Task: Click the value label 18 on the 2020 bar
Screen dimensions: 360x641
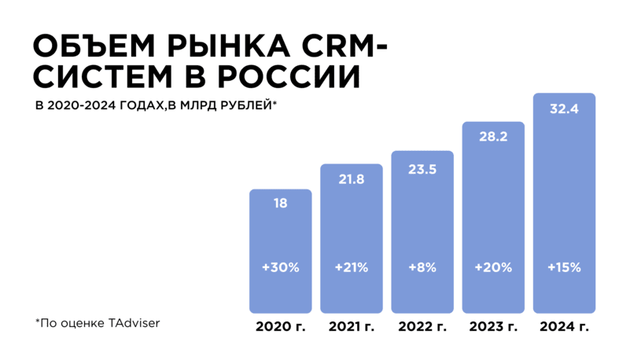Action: [281, 204]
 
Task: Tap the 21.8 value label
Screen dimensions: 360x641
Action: [352, 179]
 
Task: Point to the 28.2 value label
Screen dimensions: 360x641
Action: [493, 136]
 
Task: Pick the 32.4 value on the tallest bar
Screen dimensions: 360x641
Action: [564, 109]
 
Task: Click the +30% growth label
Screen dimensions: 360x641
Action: [281, 267]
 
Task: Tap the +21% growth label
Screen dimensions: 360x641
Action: [352, 267]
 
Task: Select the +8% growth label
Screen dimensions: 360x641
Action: [422, 267]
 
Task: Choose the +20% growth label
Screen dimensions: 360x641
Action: [493, 267]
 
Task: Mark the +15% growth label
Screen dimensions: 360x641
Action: [564, 267]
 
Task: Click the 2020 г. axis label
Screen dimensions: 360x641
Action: [281, 326]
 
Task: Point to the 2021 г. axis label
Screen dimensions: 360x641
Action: [352, 326]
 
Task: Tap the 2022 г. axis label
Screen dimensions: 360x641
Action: [422, 326]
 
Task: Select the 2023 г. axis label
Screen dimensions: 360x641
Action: [493, 326]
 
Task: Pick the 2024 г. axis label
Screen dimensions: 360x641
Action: [564, 326]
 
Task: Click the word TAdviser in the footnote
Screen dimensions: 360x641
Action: [134, 323]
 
